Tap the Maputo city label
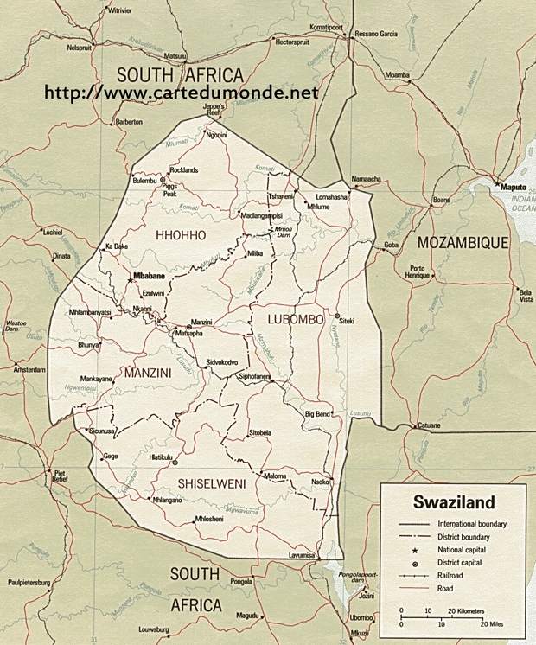click(508, 185)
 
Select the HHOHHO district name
click(181, 235)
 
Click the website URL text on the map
click(181, 92)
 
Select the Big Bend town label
click(318, 414)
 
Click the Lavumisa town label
click(303, 553)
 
